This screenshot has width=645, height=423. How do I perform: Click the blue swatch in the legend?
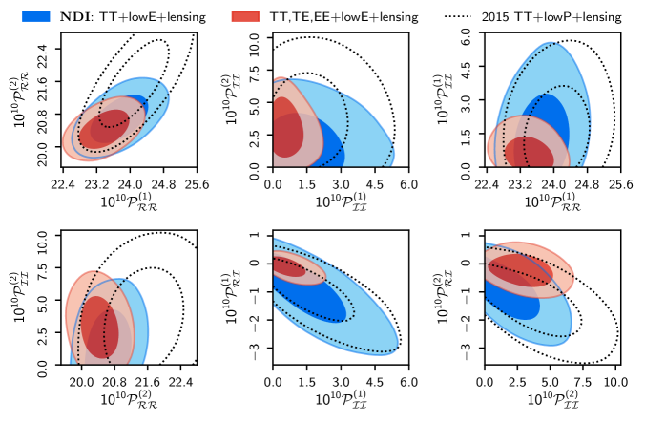[34, 15]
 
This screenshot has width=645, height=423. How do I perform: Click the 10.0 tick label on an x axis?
[614, 380]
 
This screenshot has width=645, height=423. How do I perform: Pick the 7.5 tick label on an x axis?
[582, 380]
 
